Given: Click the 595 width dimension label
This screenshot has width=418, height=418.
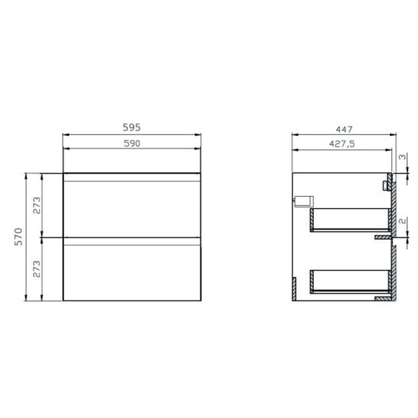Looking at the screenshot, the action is coord(131,127).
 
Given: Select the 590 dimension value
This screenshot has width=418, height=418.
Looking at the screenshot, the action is coord(132,143).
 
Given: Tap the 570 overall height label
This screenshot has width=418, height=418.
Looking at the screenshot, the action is coord(19,237).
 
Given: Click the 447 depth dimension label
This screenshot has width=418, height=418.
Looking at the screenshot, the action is coord(344,129).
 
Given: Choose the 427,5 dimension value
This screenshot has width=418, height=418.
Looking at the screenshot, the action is coord(342,144).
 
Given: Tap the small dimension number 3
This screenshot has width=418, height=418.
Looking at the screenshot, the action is coord(402,157).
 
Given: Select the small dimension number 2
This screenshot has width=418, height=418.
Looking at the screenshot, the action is coord(403,221).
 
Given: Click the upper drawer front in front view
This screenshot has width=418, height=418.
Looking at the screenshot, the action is coord(132,205).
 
